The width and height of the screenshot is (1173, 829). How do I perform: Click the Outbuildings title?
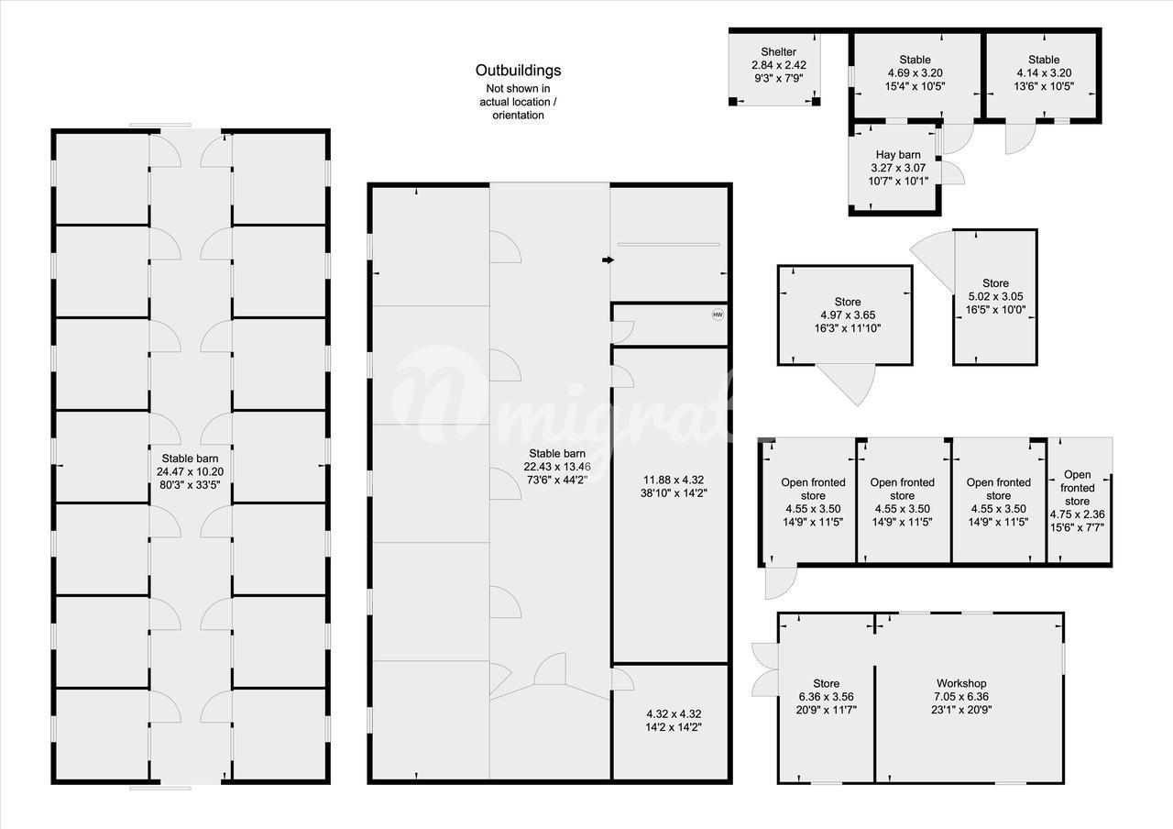(518, 71)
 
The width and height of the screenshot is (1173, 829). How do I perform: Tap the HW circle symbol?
(718, 315)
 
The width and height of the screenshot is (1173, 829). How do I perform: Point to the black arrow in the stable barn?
(608, 260)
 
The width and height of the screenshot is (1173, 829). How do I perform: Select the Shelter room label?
(778, 52)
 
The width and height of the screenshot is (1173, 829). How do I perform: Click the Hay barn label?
(898, 155)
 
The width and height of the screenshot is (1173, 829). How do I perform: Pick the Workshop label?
(961, 683)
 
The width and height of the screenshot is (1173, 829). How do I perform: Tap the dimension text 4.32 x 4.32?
(673, 713)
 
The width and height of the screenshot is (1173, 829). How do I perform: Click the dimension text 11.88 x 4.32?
(674, 480)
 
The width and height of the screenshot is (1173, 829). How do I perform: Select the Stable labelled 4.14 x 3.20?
(1044, 60)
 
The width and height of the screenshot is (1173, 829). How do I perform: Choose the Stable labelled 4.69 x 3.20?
(915, 60)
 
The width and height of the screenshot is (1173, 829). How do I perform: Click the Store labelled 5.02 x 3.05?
(995, 283)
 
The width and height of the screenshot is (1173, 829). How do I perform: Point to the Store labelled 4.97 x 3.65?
(848, 302)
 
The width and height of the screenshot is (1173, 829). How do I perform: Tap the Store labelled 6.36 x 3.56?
(826, 683)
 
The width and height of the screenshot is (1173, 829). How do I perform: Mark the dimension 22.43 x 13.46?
(557, 467)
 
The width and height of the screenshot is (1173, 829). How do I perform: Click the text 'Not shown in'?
(518, 89)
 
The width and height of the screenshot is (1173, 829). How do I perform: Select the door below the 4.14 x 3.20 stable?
(1020, 138)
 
